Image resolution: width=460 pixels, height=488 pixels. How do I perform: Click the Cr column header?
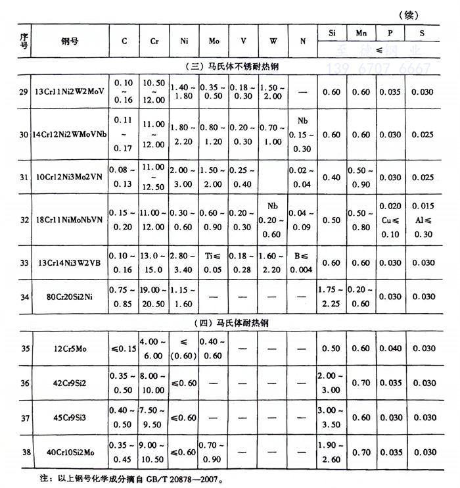(x=154, y=41)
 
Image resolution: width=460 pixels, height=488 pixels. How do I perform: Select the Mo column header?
(x=214, y=41)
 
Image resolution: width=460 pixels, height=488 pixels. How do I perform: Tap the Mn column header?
(x=361, y=32)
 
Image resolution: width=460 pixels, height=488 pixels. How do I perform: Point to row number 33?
(x=24, y=262)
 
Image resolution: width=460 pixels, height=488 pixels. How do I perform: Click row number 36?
(x=24, y=383)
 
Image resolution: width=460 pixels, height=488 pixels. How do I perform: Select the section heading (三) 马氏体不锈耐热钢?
(x=230, y=66)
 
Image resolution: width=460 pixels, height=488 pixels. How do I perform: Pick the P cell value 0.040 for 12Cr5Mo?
(x=392, y=348)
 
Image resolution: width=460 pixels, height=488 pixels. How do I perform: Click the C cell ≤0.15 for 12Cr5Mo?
(x=125, y=348)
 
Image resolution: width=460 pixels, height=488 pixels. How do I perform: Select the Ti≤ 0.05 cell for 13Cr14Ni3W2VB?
(x=214, y=262)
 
